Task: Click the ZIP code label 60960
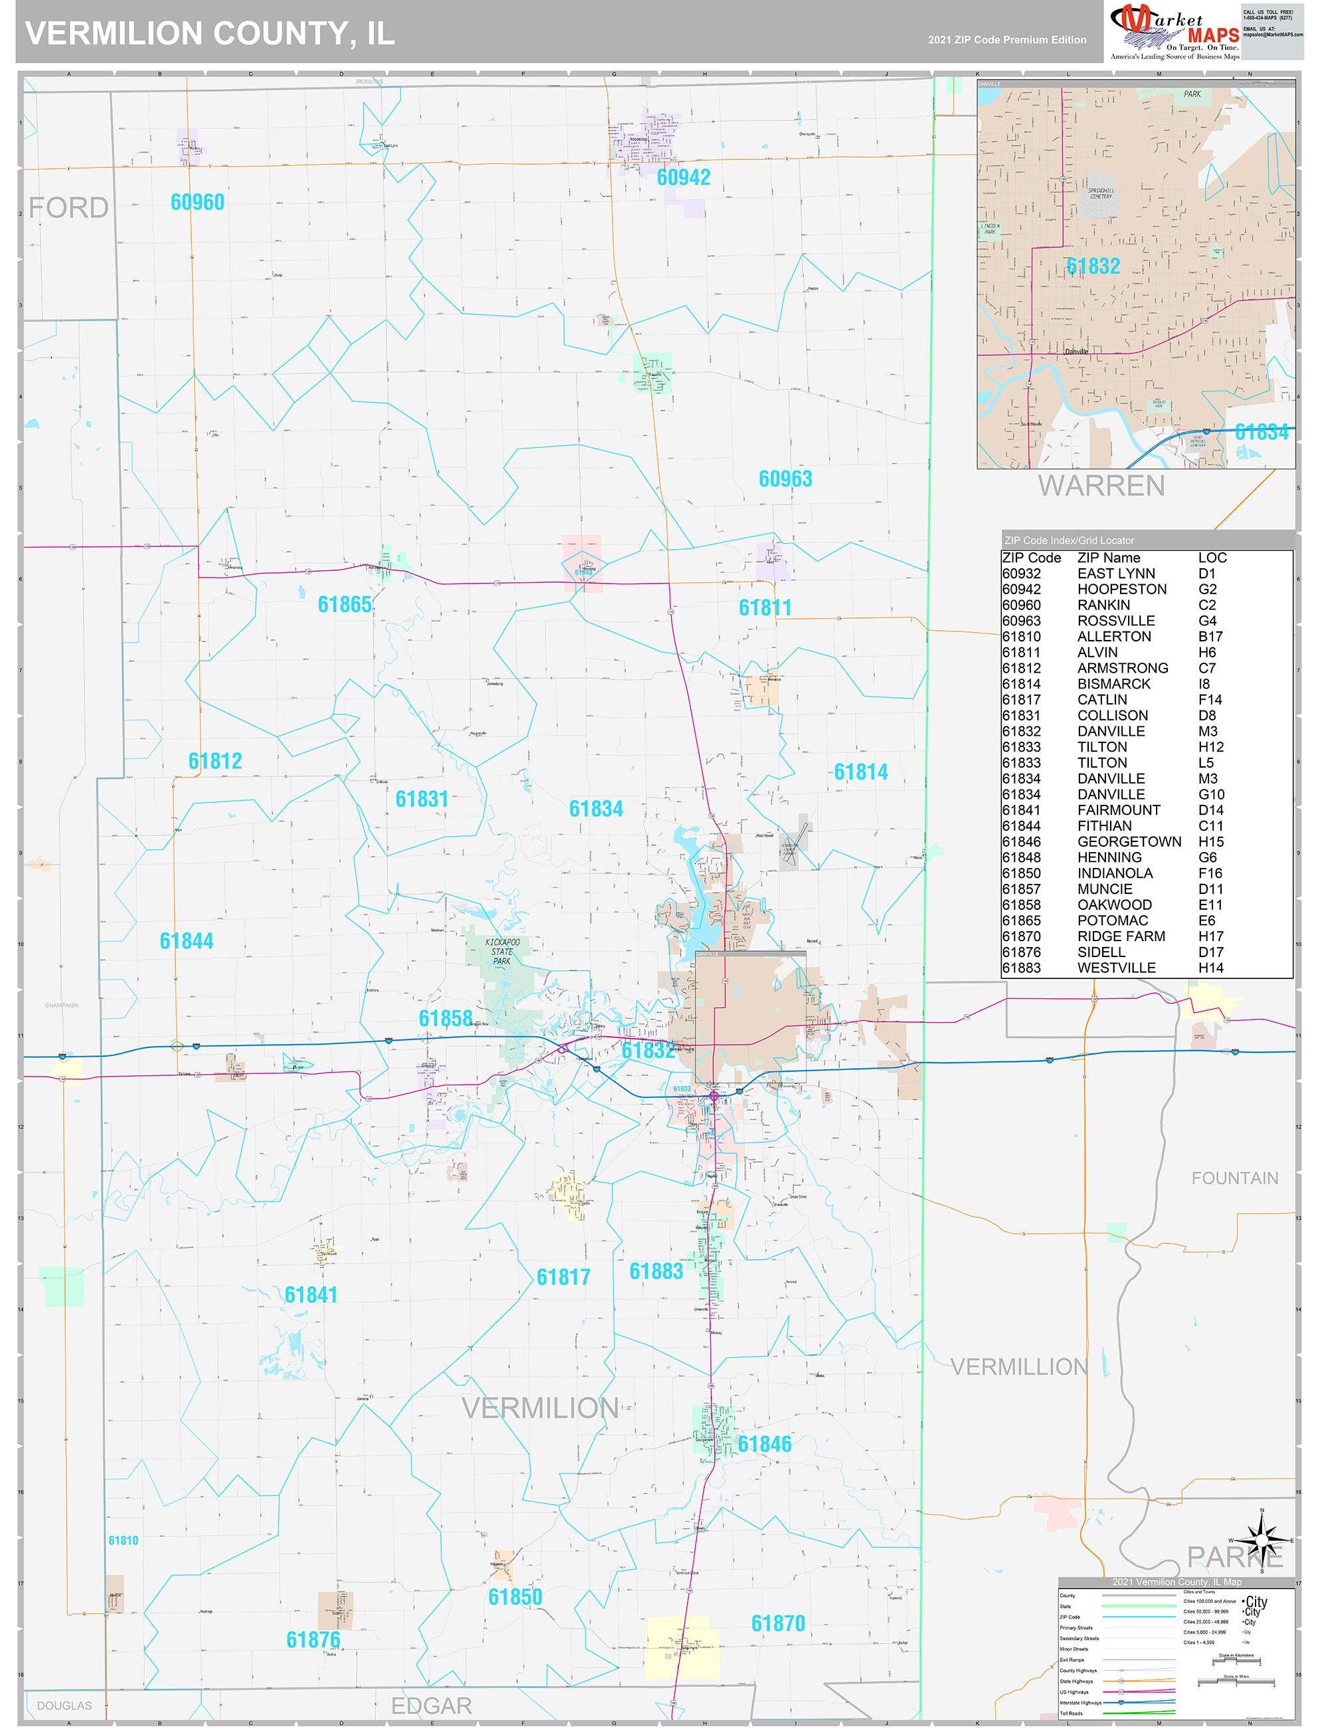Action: click(197, 203)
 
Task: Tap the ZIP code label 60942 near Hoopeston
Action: click(683, 177)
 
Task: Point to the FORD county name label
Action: click(68, 207)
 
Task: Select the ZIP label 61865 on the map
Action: click(344, 605)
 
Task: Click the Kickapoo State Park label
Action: click(502, 951)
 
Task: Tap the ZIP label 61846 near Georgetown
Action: click(765, 1444)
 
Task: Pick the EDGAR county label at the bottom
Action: click(431, 1705)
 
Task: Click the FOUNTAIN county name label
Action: click(1234, 1178)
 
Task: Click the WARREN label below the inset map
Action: click(1101, 486)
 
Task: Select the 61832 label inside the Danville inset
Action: click(1092, 267)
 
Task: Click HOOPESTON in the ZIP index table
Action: click(1121, 589)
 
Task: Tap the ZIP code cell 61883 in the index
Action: click(1020, 968)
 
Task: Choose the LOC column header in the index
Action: click(1212, 558)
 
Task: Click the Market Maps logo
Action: click(1174, 31)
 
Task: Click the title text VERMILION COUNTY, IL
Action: click(210, 34)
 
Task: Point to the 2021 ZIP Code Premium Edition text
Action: click(1006, 40)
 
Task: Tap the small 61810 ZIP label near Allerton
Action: click(124, 1540)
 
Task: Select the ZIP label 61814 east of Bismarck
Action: click(860, 772)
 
